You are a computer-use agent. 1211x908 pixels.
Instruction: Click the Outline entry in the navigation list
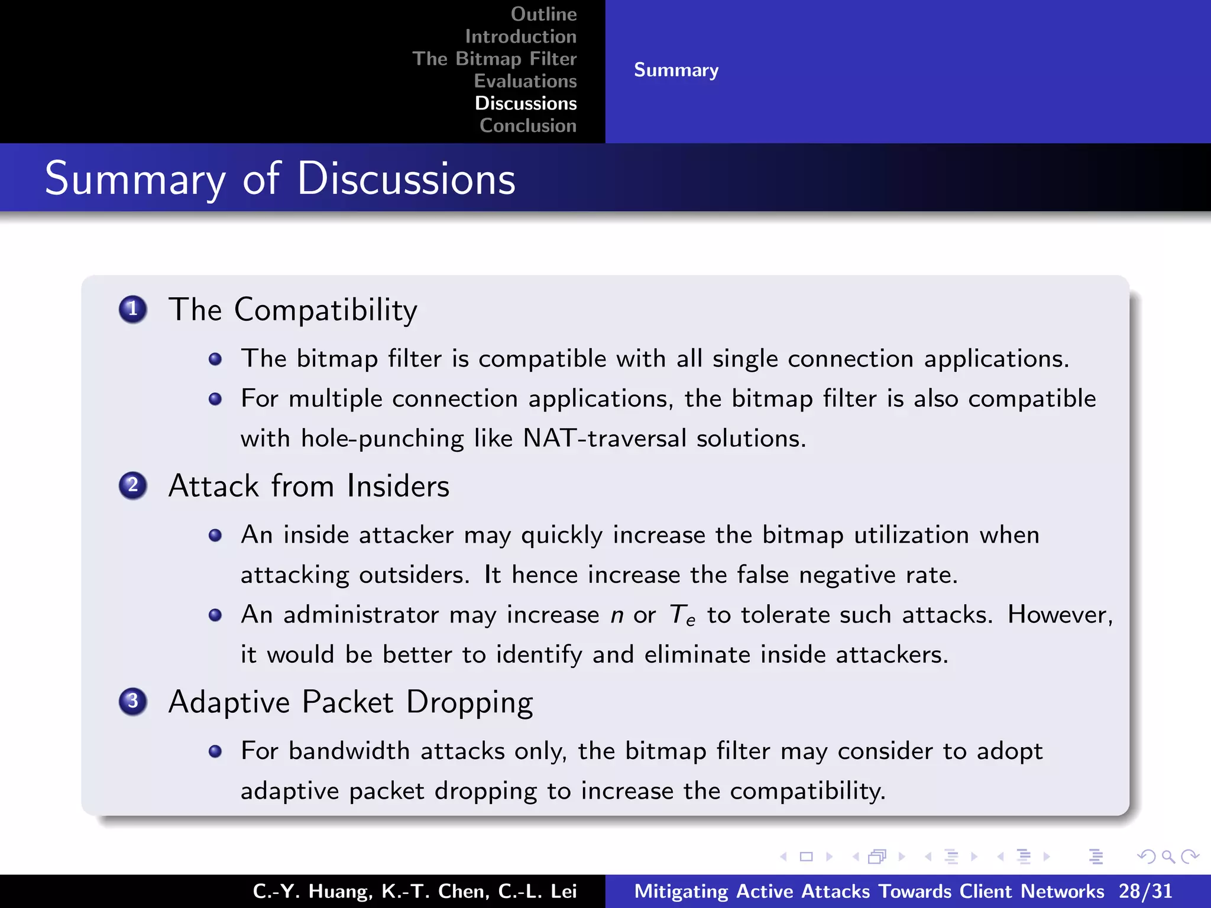click(x=543, y=14)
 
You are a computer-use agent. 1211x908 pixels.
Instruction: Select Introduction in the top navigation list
click(x=520, y=37)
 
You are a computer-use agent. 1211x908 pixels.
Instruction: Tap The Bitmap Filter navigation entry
click(x=494, y=59)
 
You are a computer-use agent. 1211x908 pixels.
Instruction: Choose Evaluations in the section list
click(x=525, y=81)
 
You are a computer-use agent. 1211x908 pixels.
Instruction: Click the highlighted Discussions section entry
click(x=526, y=103)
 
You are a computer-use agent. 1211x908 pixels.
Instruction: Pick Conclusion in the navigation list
click(x=528, y=125)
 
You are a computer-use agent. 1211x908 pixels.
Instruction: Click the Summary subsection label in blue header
click(x=676, y=70)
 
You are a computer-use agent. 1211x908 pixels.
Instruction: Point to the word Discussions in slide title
click(x=406, y=179)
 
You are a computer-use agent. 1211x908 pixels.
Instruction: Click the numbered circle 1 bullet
click(x=133, y=309)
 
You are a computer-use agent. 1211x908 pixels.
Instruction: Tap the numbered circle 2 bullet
click(x=133, y=486)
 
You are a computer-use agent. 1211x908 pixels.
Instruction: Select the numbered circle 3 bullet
click(x=133, y=702)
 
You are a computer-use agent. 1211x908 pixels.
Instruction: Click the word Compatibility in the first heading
click(x=325, y=310)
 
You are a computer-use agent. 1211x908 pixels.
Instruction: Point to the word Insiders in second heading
click(x=398, y=487)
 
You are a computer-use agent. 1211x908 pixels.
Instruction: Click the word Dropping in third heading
click(x=469, y=703)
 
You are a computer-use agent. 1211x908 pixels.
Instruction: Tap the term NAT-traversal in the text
click(x=605, y=439)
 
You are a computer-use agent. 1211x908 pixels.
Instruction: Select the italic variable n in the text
click(x=617, y=616)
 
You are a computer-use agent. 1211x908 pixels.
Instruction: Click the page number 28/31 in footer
click(x=1145, y=891)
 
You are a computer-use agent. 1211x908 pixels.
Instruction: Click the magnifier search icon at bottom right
click(x=1168, y=857)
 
